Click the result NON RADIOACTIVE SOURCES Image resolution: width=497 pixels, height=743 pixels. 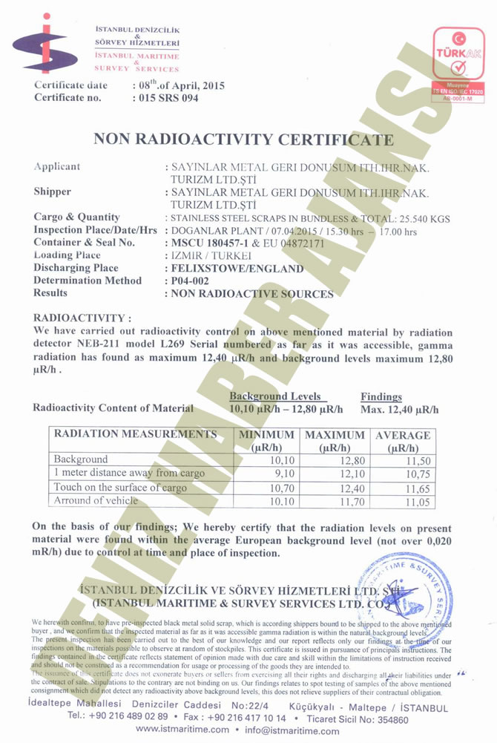[252, 294]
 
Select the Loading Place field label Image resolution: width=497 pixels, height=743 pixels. [67, 255]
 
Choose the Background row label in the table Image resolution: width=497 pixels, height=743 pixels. [81, 459]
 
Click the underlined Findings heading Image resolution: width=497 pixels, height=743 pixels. [381, 397]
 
